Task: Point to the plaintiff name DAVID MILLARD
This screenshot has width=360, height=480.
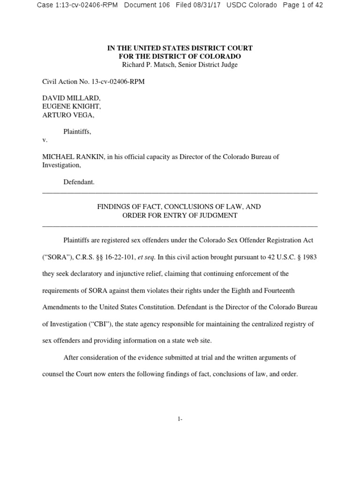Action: click(71, 98)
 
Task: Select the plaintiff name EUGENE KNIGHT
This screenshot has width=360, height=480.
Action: click(72, 107)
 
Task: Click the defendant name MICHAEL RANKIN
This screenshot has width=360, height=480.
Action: click(72, 157)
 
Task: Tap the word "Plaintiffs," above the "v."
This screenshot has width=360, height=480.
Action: click(77, 132)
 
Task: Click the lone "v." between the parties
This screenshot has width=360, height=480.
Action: click(45, 140)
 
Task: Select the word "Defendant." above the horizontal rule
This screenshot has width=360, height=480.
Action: click(79, 182)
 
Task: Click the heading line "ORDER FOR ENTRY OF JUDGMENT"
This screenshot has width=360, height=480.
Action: click(180, 216)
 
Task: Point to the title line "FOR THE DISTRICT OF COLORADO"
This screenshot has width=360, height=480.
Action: click(180, 56)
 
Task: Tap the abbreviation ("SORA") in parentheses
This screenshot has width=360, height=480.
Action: click(58, 257)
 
